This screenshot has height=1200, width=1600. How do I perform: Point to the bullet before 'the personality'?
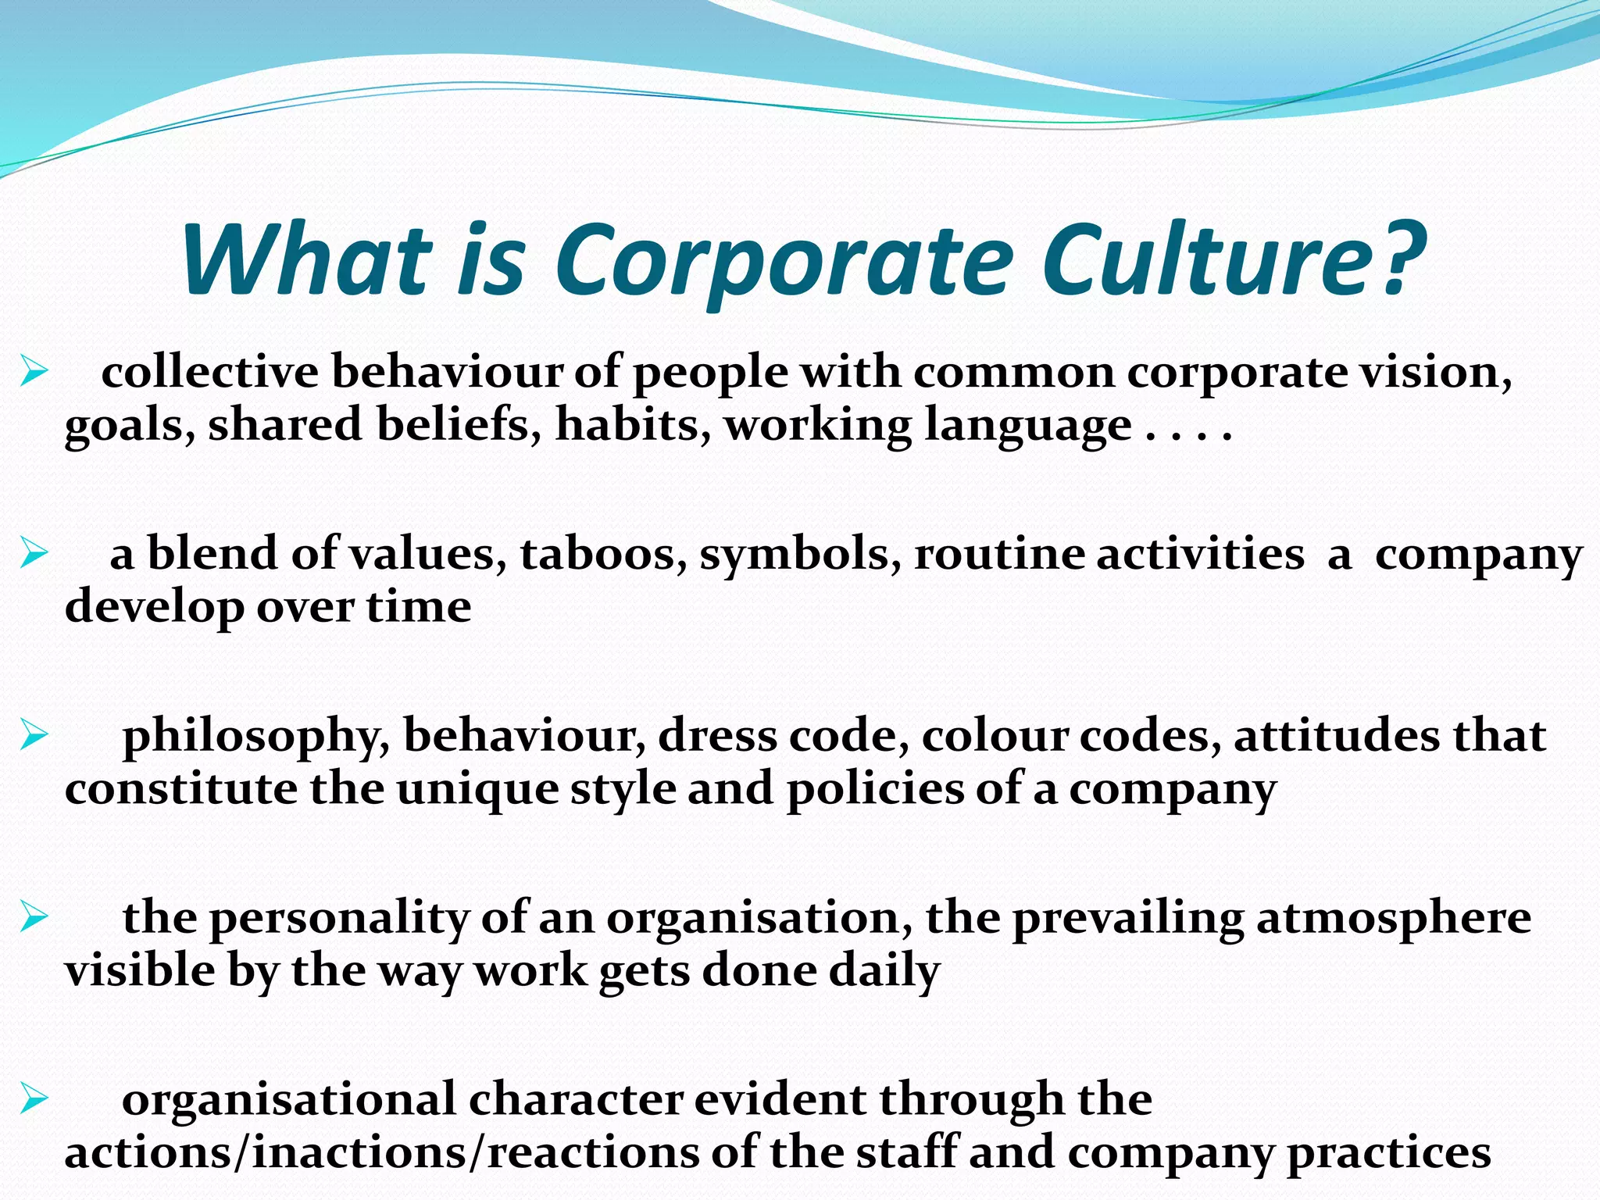point(34,916)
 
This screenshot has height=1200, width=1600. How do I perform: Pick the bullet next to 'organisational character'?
point(34,1098)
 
